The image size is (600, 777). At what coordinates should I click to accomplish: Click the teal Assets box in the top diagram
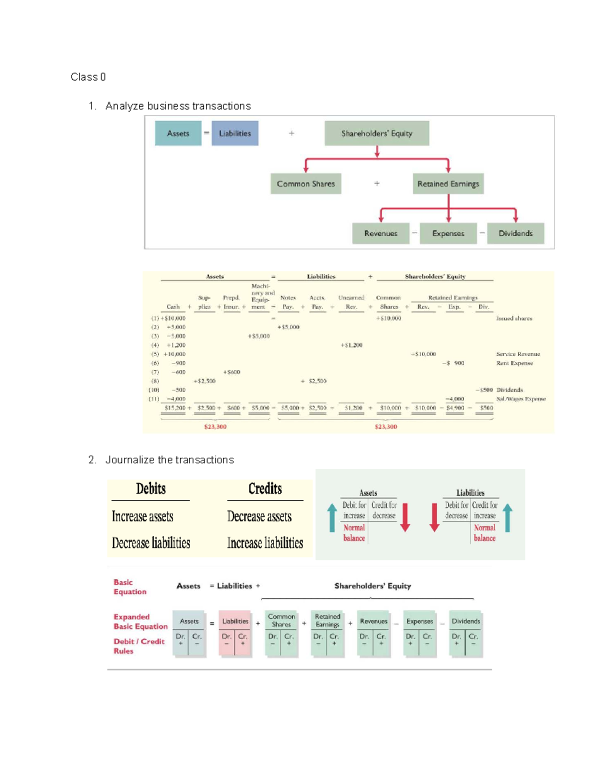[178, 133]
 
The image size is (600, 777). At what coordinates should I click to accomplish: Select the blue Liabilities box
[234, 133]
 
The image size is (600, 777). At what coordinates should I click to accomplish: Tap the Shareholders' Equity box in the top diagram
[376, 133]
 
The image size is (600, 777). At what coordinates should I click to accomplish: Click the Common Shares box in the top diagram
[305, 184]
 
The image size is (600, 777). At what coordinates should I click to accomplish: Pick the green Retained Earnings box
[448, 184]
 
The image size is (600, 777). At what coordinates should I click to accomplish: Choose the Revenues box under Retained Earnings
[380, 233]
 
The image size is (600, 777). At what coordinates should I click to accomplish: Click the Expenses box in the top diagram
[448, 233]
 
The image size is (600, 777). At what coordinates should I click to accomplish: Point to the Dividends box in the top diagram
[515, 233]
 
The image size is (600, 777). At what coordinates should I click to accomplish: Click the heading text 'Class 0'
[88, 77]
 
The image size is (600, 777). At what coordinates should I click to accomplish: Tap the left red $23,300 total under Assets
[215, 427]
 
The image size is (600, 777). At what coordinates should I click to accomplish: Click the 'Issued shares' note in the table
[514, 318]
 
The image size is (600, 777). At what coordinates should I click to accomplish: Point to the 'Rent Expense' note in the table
[514, 363]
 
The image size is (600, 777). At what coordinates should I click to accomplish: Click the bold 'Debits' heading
[150, 489]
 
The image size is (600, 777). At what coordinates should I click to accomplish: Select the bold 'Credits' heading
[265, 489]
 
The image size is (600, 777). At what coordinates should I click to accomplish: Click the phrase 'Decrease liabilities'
[151, 543]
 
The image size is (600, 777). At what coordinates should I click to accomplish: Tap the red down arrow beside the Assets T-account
[405, 517]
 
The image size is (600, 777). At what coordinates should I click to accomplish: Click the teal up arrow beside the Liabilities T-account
[508, 517]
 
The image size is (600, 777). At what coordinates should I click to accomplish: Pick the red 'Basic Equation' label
[129, 587]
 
